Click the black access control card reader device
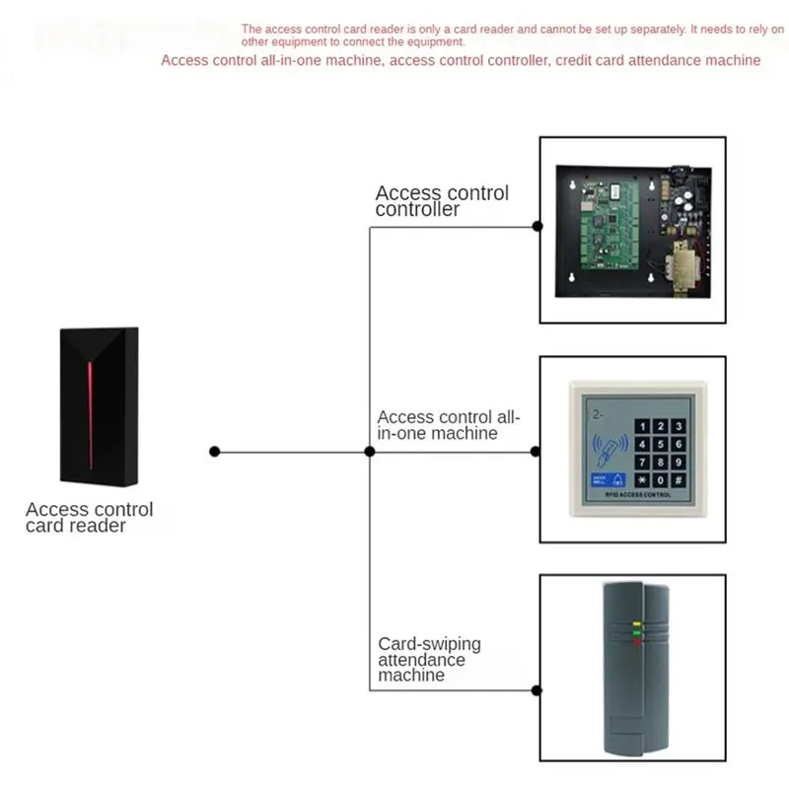pyautogui.click(x=100, y=406)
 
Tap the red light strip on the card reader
pyautogui.click(x=91, y=415)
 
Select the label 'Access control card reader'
pyautogui.click(x=90, y=517)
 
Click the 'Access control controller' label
pyautogui.click(x=442, y=201)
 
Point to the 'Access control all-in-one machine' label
pyautogui.click(x=448, y=425)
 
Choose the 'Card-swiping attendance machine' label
pyautogui.click(x=429, y=659)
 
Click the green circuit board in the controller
pyautogui.click(x=610, y=226)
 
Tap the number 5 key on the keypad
pyautogui.click(x=660, y=445)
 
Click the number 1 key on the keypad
pyautogui.click(x=642, y=427)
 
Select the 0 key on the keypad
pyautogui.click(x=660, y=480)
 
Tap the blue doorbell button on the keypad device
pyautogui.click(x=609, y=480)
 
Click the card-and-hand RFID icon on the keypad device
pyautogui.click(x=610, y=449)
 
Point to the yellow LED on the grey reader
pyautogui.click(x=636, y=624)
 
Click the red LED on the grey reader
pyautogui.click(x=637, y=642)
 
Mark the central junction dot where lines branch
pyautogui.click(x=370, y=452)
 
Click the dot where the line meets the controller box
pyautogui.click(x=538, y=227)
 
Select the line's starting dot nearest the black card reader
pyautogui.click(x=215, y=452)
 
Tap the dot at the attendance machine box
pyautogui.click(x=537, y=690)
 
